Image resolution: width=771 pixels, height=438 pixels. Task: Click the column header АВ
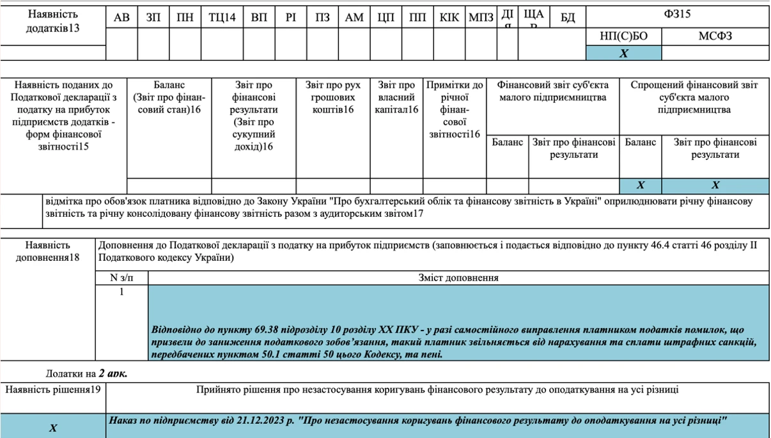(121, 18)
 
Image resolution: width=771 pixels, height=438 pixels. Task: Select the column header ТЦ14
(222, 18)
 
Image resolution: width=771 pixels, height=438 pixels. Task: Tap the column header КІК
(449, 18)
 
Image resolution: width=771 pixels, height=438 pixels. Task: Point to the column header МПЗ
(481, 18)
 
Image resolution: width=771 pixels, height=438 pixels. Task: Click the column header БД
(568, 18)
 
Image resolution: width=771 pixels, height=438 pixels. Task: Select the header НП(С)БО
(623, 36)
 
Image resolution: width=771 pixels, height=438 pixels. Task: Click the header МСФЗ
(715, 36)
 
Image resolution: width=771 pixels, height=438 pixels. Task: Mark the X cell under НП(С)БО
(623, 54)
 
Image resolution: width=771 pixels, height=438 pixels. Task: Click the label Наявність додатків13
(53, 21)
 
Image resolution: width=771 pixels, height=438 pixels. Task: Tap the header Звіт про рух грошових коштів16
(332, 98)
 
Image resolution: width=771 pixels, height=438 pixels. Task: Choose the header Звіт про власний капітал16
(396, 98)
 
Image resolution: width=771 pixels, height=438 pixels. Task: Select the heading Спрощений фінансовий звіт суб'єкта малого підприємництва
(694, 97)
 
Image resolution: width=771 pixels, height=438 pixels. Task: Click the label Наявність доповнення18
(48, 251)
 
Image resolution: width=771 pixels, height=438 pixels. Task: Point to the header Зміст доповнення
(458, 278)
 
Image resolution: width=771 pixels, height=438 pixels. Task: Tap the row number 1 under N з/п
(122, 292)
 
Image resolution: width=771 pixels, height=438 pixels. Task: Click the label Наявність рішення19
(53, 389)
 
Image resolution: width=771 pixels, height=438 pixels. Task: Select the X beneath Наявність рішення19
(53, 428)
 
